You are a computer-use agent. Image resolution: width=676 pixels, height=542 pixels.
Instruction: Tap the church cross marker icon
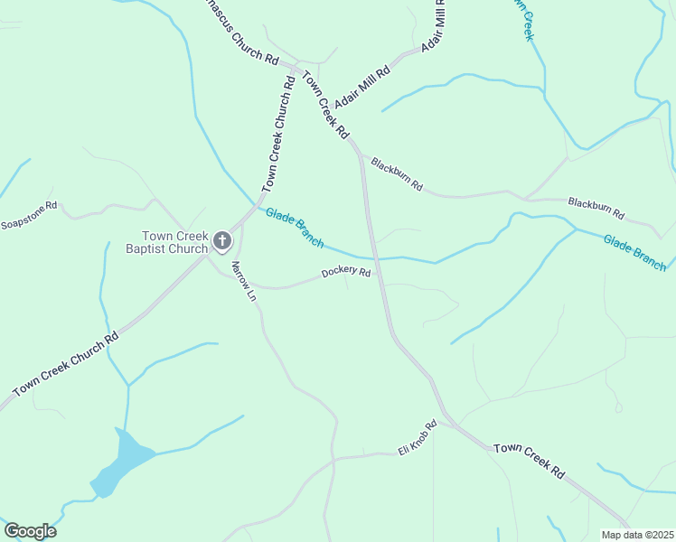[222, 241]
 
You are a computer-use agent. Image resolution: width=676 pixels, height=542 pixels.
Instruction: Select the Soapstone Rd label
[29, 215]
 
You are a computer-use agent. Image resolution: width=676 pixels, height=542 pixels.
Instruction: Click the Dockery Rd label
[347, 272]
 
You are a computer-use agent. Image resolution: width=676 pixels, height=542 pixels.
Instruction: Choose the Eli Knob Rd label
[418, 438]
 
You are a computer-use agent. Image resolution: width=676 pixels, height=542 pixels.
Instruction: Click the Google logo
[30, 531]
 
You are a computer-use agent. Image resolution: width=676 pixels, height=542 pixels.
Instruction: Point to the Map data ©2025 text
[638, 535]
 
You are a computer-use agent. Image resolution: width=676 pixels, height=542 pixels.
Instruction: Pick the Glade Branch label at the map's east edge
[634, 252]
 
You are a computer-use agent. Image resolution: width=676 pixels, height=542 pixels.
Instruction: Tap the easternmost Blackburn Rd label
[596, 208]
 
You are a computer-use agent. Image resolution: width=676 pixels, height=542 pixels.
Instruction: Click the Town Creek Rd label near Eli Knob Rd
[530, 461]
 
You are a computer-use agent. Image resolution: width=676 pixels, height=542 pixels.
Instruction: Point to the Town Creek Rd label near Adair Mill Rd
[325, 104]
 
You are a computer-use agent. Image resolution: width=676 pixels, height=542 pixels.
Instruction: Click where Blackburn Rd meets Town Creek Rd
[362, 155]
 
